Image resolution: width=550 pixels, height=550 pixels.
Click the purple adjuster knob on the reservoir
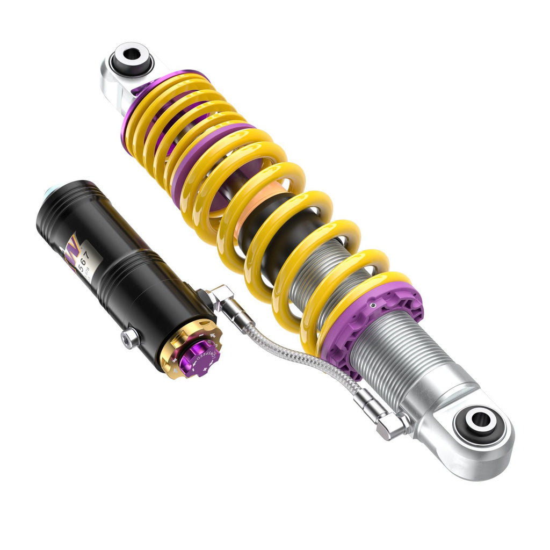199,357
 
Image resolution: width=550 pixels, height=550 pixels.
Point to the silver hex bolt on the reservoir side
129,338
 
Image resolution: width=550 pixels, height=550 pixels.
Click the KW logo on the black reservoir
72,248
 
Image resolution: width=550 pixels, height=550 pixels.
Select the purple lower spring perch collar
376,317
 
